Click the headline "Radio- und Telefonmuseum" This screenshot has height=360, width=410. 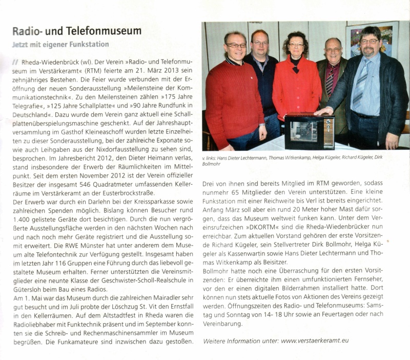click(x=76, y=31)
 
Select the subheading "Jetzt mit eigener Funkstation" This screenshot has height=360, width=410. click(x=60, y=45)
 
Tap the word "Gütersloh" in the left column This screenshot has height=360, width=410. click(x=28, y=289)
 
